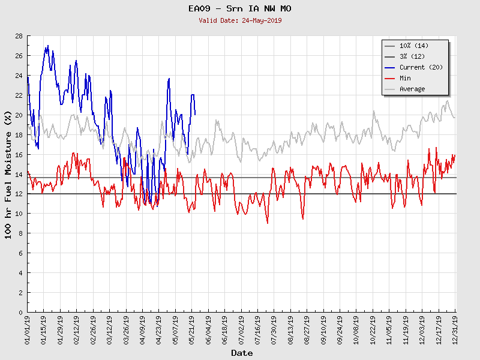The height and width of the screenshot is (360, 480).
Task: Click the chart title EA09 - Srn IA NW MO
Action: point(240,9)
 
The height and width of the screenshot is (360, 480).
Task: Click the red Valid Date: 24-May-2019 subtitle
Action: point(240,20)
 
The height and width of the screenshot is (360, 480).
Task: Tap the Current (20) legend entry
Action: point(421,67)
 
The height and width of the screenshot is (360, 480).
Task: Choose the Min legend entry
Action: point(405,78)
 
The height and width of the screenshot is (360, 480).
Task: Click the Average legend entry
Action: point(412,89)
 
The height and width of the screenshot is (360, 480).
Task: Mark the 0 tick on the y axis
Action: point(20,312)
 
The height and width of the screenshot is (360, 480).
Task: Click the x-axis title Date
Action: point(242,353)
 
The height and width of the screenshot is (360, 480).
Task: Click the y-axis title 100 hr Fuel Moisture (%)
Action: point(9,174)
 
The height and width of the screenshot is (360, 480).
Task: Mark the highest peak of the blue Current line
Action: point(48,46)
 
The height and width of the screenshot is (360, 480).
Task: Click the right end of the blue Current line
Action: point(195,114)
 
